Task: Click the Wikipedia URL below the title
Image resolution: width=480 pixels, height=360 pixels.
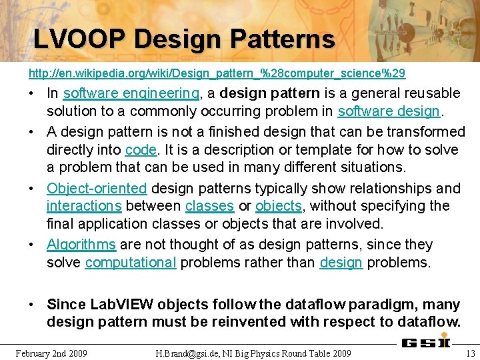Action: pyautogui.click(x=217, y=72)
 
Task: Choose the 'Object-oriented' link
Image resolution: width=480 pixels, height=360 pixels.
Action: pyautogui.click(x=97, y=188)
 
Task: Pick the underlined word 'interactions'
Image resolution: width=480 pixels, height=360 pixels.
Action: pyautogui.click(x=84, y=206)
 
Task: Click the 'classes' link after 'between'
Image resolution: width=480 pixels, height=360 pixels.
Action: pyautogui.click(x=209, y=206)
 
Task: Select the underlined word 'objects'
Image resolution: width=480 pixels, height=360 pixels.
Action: pyautogui.click(x=279, y=206)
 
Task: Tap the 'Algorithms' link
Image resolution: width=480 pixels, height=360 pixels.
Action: pyautogui.click(x=81, y=245)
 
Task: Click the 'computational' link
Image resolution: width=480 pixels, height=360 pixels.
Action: pyautogui.click(x=131, y=263)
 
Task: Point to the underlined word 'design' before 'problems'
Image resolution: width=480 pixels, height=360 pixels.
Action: pyautogui.click(x=341, y=263)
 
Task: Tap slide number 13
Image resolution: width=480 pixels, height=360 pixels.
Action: pyautogui.click(x=470, y=353)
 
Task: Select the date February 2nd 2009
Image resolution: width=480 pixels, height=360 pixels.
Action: pyautogui.click(x=51, y=353)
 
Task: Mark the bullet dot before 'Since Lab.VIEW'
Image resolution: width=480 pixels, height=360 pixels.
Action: pyautogui.click(x=32, y=305)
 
